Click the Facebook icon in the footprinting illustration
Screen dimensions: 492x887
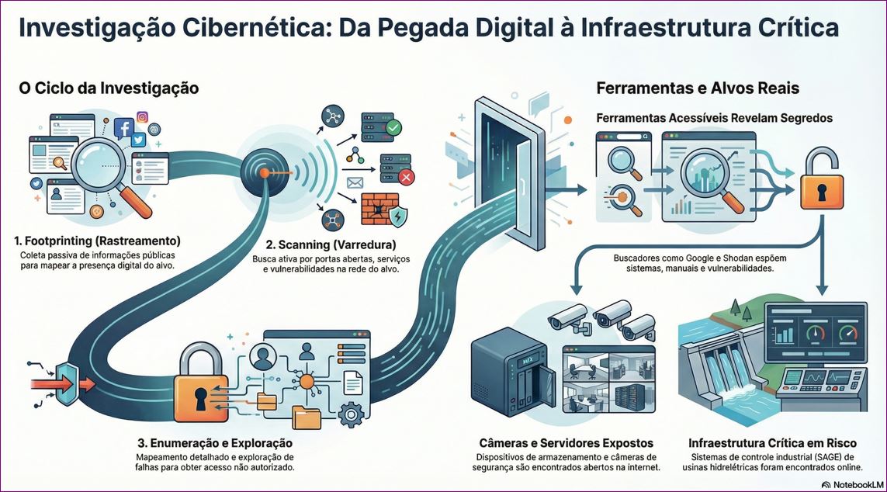coord(123,129)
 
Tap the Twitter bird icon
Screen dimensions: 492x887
coord(138,140)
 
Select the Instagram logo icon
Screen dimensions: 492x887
coord(142,117)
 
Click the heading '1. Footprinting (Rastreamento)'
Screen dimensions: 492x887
coord(98,240)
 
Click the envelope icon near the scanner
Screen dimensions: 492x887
coord(355,183)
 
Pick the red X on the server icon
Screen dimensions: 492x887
coord(406,178)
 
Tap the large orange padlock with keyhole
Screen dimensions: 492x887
coord(201,386)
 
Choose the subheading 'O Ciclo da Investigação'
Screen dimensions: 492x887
coord(109,88)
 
